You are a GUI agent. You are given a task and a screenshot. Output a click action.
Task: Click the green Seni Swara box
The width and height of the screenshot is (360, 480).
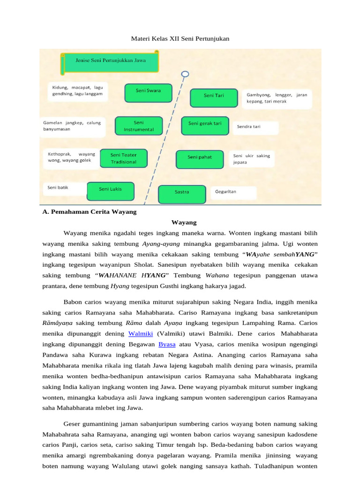pos(148,92)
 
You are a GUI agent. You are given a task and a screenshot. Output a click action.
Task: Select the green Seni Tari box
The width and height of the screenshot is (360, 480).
pos(214,97)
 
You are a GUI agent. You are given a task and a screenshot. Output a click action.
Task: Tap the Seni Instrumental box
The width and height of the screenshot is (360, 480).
pos(138,126)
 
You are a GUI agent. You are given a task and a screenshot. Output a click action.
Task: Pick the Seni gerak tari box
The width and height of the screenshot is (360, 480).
pos(205,125)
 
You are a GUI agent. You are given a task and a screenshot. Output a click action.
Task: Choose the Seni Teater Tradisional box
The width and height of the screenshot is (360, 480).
pos(123,158)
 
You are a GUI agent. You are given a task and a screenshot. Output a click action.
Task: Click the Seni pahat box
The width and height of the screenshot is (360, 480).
pos(199,159)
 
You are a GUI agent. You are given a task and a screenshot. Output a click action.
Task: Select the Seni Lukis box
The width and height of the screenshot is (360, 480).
pos(111,191)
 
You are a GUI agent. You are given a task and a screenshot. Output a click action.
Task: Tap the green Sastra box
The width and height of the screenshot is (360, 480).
pos(182,194)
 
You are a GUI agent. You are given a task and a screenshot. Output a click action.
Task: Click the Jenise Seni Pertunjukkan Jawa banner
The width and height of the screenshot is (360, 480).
pos(111,61)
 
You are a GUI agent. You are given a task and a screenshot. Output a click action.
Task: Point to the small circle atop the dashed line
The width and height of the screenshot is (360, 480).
pos(185,74)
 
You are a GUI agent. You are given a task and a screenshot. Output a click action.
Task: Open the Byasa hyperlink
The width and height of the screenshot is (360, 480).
pos(167,344)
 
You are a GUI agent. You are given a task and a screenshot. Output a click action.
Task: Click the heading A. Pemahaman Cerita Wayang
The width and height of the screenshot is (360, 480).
pos(89,212)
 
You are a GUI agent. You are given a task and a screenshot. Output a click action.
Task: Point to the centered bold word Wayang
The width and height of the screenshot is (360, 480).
pos(184,222)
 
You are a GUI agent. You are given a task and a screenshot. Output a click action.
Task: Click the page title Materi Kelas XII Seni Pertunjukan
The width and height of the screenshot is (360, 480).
pos(180,38)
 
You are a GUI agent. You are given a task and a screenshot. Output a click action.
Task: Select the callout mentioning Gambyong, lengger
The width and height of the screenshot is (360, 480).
pos(277,98)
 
